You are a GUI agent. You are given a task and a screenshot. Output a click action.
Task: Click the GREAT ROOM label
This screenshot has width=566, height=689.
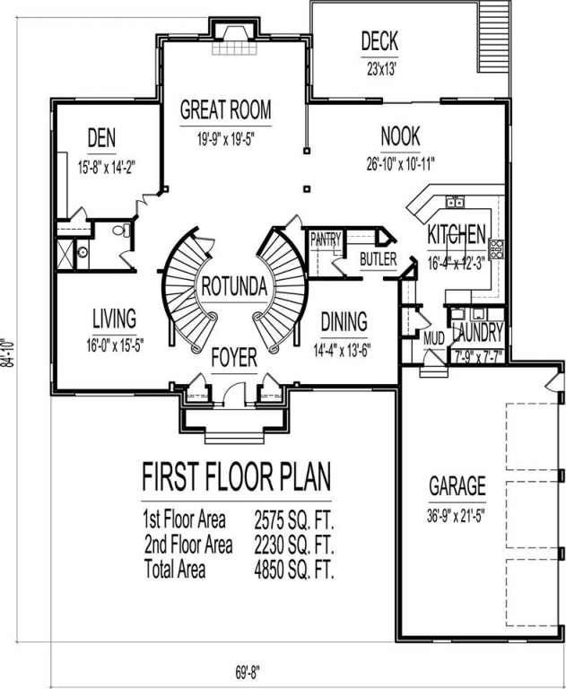coord(225,109)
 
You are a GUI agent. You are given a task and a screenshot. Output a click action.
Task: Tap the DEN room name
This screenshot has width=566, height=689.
coord(102,138)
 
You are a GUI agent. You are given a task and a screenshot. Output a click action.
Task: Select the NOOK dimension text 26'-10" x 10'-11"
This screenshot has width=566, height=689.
coord(401,164)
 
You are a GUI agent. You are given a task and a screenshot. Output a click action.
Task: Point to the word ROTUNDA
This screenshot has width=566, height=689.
coord(234,286)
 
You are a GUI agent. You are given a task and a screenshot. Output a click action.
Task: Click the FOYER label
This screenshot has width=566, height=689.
coord(234,358)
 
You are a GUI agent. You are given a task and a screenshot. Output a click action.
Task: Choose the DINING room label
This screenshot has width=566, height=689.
coord(344,322)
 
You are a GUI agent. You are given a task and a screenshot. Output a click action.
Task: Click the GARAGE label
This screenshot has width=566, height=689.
coord(457,486)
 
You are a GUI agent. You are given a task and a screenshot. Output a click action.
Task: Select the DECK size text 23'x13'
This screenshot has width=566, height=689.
coord(379,69)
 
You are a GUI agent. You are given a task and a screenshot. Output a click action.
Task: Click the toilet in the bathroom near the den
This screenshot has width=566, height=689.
coord(122,230)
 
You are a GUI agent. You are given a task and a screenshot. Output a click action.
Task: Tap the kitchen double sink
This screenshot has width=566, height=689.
coord(455,202)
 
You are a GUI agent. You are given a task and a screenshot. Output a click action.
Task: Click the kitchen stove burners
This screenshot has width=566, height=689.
coord(497,249)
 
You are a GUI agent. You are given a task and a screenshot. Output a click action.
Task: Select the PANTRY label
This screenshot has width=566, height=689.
coord(326,240)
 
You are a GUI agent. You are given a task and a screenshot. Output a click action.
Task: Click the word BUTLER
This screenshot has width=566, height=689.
coord(378,259)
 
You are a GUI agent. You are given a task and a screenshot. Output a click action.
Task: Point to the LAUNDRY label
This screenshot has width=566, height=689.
coord(478,333)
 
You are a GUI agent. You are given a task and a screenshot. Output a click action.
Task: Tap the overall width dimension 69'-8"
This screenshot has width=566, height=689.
coord(246,671)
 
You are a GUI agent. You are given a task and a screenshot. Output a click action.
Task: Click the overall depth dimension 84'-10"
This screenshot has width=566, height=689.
coord(9,353)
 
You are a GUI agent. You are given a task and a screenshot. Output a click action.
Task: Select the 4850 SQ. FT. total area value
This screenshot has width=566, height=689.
coord(294,571)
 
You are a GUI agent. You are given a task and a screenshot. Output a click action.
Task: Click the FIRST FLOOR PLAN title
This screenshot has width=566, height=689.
coord(237,476)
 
